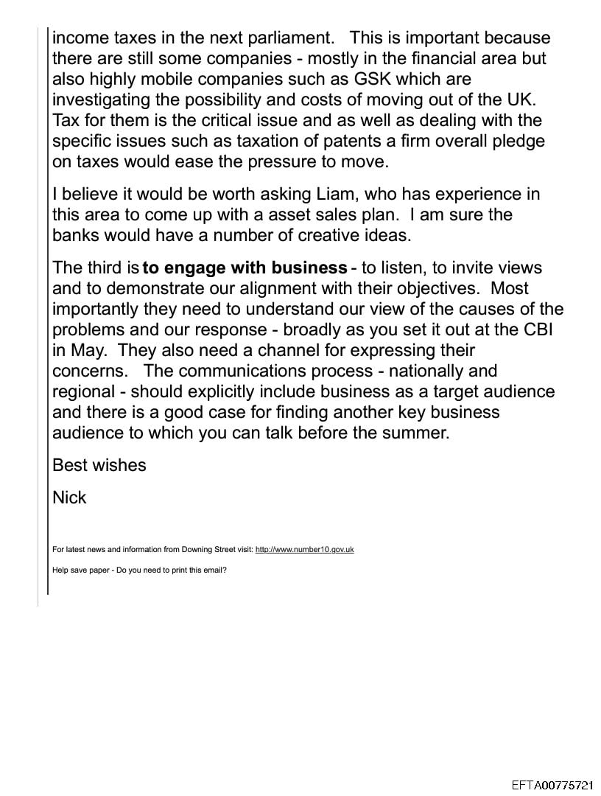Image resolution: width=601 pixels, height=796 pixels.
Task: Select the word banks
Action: pos(77,236)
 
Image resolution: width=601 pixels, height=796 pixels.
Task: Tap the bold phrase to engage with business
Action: pos(245,268)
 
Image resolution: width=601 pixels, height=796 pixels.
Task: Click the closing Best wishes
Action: pos(99,466)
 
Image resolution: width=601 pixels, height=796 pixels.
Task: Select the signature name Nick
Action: pos(69,498)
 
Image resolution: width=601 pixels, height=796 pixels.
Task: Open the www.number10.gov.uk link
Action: pos(304,550)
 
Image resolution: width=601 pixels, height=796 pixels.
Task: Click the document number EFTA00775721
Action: pos(552,786)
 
